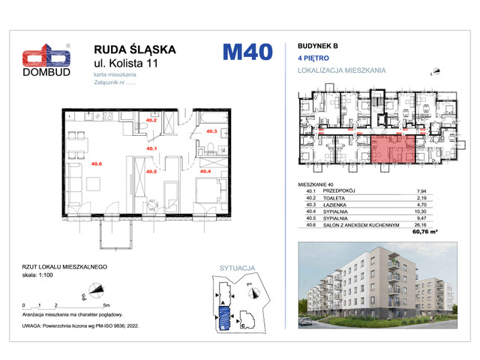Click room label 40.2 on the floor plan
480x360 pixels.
pos(151,120)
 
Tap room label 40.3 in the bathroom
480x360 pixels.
pos(211,132)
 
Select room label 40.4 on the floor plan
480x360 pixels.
pos(205,170)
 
